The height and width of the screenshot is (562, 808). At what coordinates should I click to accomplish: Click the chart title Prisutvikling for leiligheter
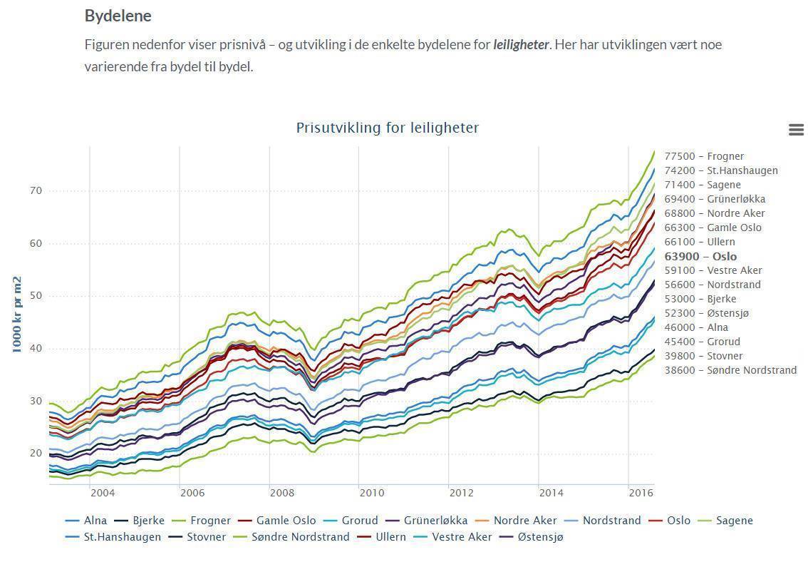click(x=388, y=128)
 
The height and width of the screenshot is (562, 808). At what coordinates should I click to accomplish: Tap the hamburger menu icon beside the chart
click(x=796, y=130)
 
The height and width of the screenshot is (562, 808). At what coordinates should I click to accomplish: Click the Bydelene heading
click(x=118, y=15)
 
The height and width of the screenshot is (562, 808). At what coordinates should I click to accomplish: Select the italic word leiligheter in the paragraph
click(x=520, y=44)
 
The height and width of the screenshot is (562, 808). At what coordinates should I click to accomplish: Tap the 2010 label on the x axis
click(x=371, y=492)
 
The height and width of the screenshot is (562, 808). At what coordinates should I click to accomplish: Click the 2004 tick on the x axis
click(x=102, y=492)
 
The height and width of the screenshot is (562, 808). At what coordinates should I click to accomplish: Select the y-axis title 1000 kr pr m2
click(x=17, y=314)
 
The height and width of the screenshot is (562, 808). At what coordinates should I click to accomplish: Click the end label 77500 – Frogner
click(x=704, y=156)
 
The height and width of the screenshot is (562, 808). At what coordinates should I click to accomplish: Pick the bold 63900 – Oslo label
click(x=700, y=256)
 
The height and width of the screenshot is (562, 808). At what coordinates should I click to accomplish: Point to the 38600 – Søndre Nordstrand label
click(x=730, y=370)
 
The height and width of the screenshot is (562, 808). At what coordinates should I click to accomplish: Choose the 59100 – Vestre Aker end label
click(x=713, y=270)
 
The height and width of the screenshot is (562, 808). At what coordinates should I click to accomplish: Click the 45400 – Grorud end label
click(x=702, y=342)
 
